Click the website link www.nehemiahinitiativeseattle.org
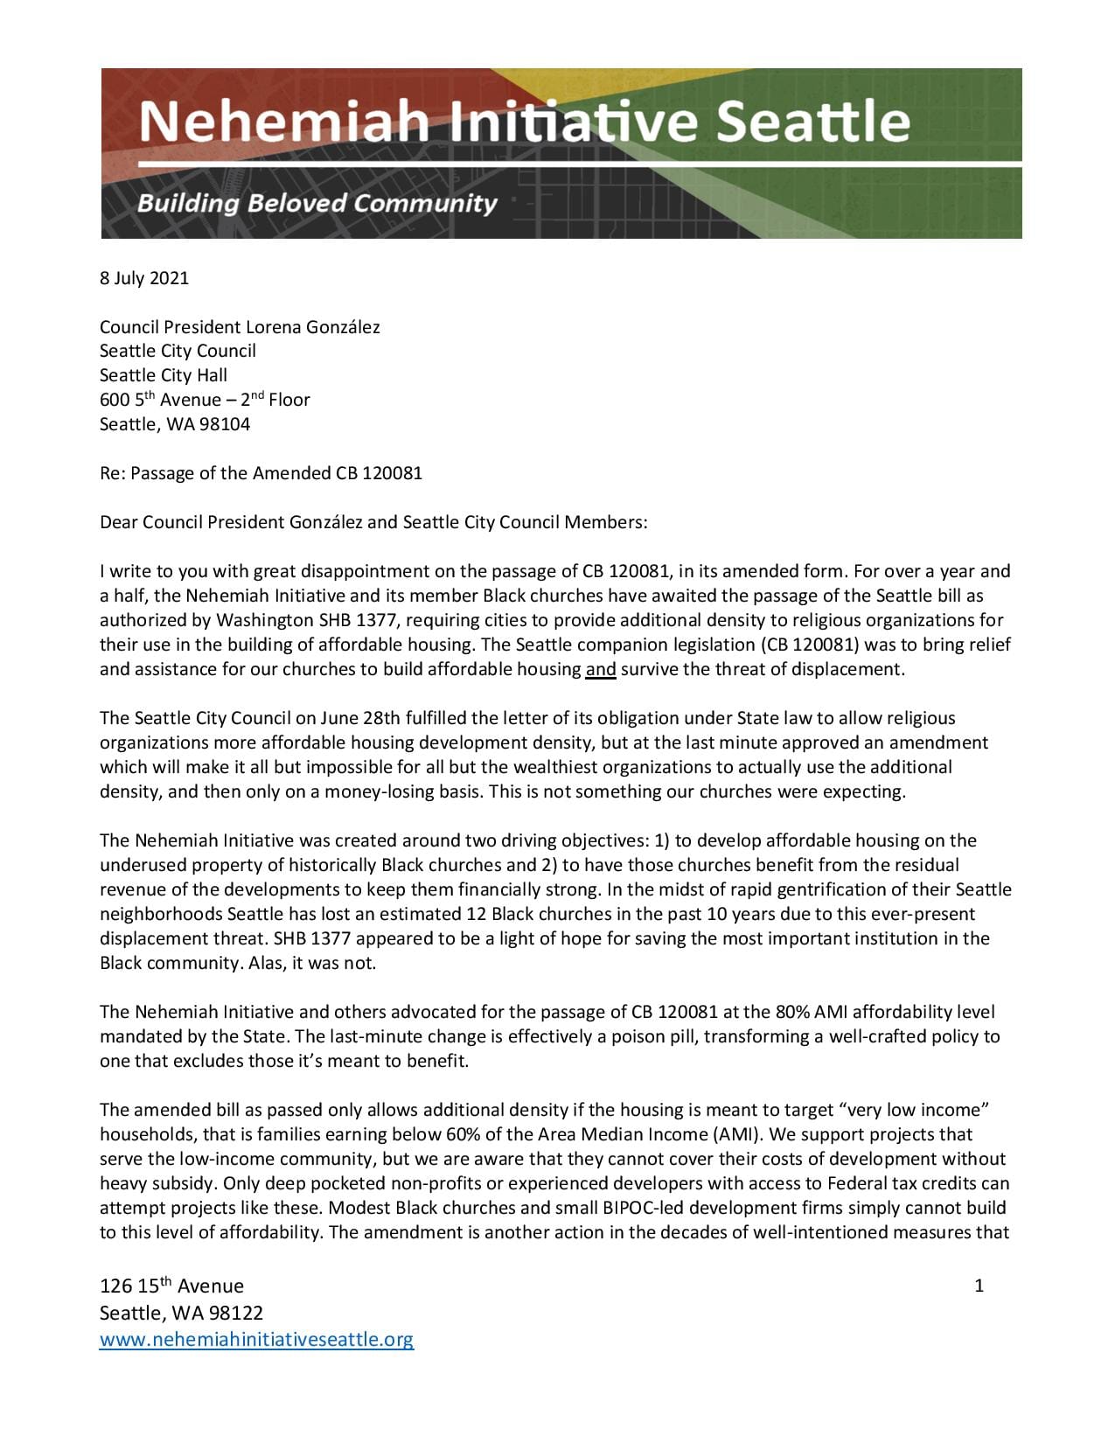coord(256,1339)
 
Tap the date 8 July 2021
coord(143,278)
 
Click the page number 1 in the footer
coord(979,1285)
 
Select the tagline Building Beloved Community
coord(317,204)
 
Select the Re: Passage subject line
coord(261,473)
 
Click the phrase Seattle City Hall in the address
coord(164,375)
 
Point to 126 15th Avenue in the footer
coord(171,1286)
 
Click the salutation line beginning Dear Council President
coord(373,522)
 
